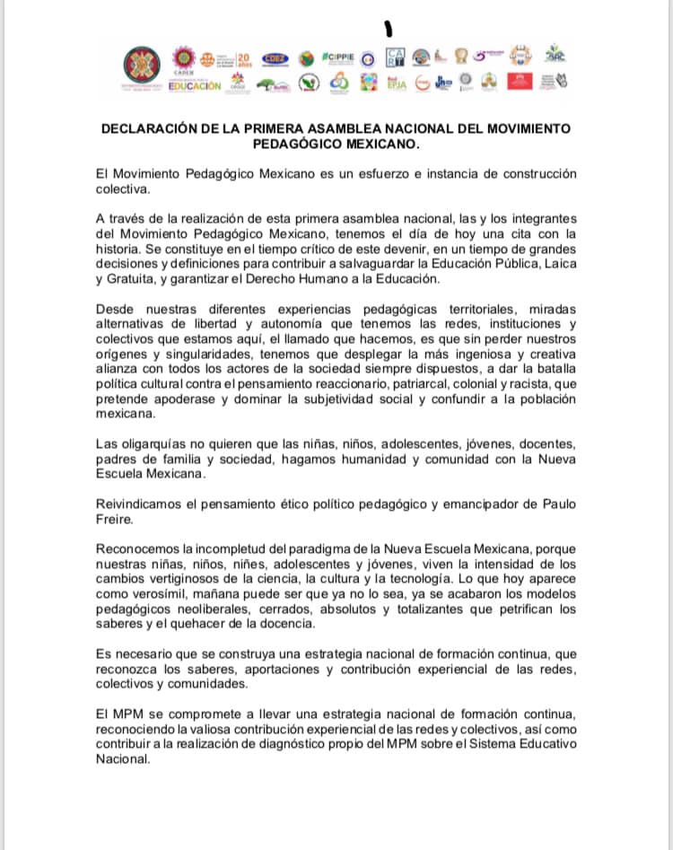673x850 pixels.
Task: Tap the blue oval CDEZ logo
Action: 274,58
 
